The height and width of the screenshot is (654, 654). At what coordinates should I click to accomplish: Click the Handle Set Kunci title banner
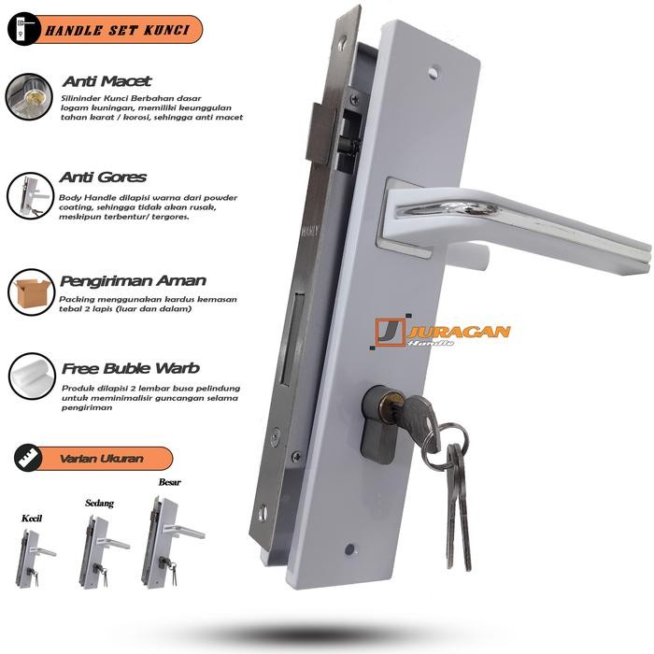pos(105,31)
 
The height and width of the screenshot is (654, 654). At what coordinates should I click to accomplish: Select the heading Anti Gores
pos(103,177)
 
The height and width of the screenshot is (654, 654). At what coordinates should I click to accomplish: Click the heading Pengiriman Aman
pos(133,280)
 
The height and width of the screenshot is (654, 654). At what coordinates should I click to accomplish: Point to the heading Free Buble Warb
pos(131,367)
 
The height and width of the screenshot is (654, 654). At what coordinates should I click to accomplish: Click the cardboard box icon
pos(31,292)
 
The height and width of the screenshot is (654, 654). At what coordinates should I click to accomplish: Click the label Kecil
pos(33,518)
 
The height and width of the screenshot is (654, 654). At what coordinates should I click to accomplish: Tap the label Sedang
pos(99,503)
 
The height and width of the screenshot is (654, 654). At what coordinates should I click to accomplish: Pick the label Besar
pos(170,483)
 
